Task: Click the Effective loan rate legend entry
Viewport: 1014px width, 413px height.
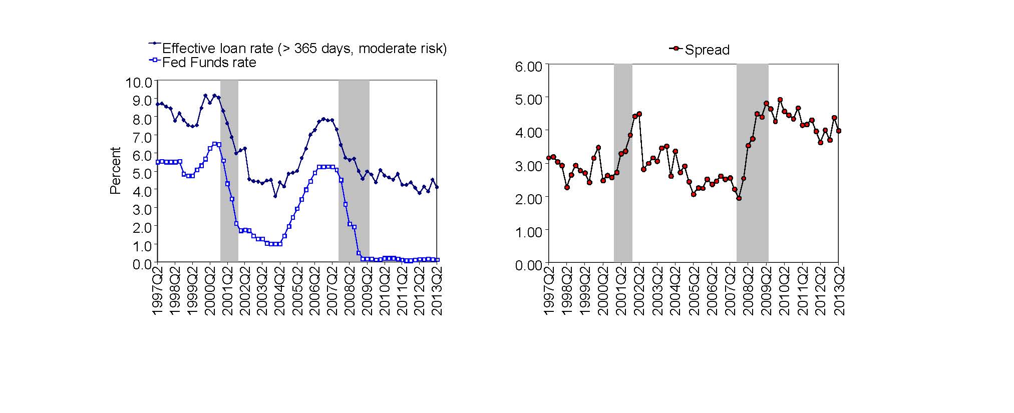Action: pyautogui.click(x=304, y=49)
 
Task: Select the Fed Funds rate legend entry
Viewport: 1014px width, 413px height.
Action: pyautogui.click(x=209, y=63)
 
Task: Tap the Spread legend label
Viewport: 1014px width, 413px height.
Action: pyautogui.click(x=707, y=50)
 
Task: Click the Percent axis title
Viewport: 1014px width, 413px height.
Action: pyautogui.click(x=116, y=170)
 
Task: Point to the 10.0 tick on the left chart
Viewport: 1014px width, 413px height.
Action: pyautogui.click(x=139, y=82)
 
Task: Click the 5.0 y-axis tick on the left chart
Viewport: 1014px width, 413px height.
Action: pyautogui.click(x=142, y=173)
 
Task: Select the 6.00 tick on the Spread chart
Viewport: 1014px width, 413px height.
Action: pyautogui.click(x=529, y=67)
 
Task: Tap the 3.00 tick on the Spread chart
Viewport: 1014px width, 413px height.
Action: pyautogui.click(x=529, y=166)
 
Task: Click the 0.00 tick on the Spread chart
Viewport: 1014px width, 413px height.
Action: pyautogui.click(x=529, y=265)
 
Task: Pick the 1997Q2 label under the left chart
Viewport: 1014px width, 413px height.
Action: pyautogui.click(x=158, y=290)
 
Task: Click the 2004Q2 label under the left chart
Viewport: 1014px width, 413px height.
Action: pyautogui.click(x=280, y=290)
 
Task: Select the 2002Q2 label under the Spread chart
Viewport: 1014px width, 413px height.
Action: pyautogui.click(x=639, y=290)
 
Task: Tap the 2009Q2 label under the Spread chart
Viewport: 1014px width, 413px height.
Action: pyautogui.click(x=766, y=290)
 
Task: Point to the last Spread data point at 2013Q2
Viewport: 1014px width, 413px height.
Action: pyautogui.click(x=839, y=131)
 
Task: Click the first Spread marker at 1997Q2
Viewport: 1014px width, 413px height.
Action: pyautogui.click(x=549, y=158)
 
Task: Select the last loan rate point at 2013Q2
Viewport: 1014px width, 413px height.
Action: pyautogui.click(x=437, y=187)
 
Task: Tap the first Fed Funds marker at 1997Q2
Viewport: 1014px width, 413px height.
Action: pyautogui.click(x=158, y=162)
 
